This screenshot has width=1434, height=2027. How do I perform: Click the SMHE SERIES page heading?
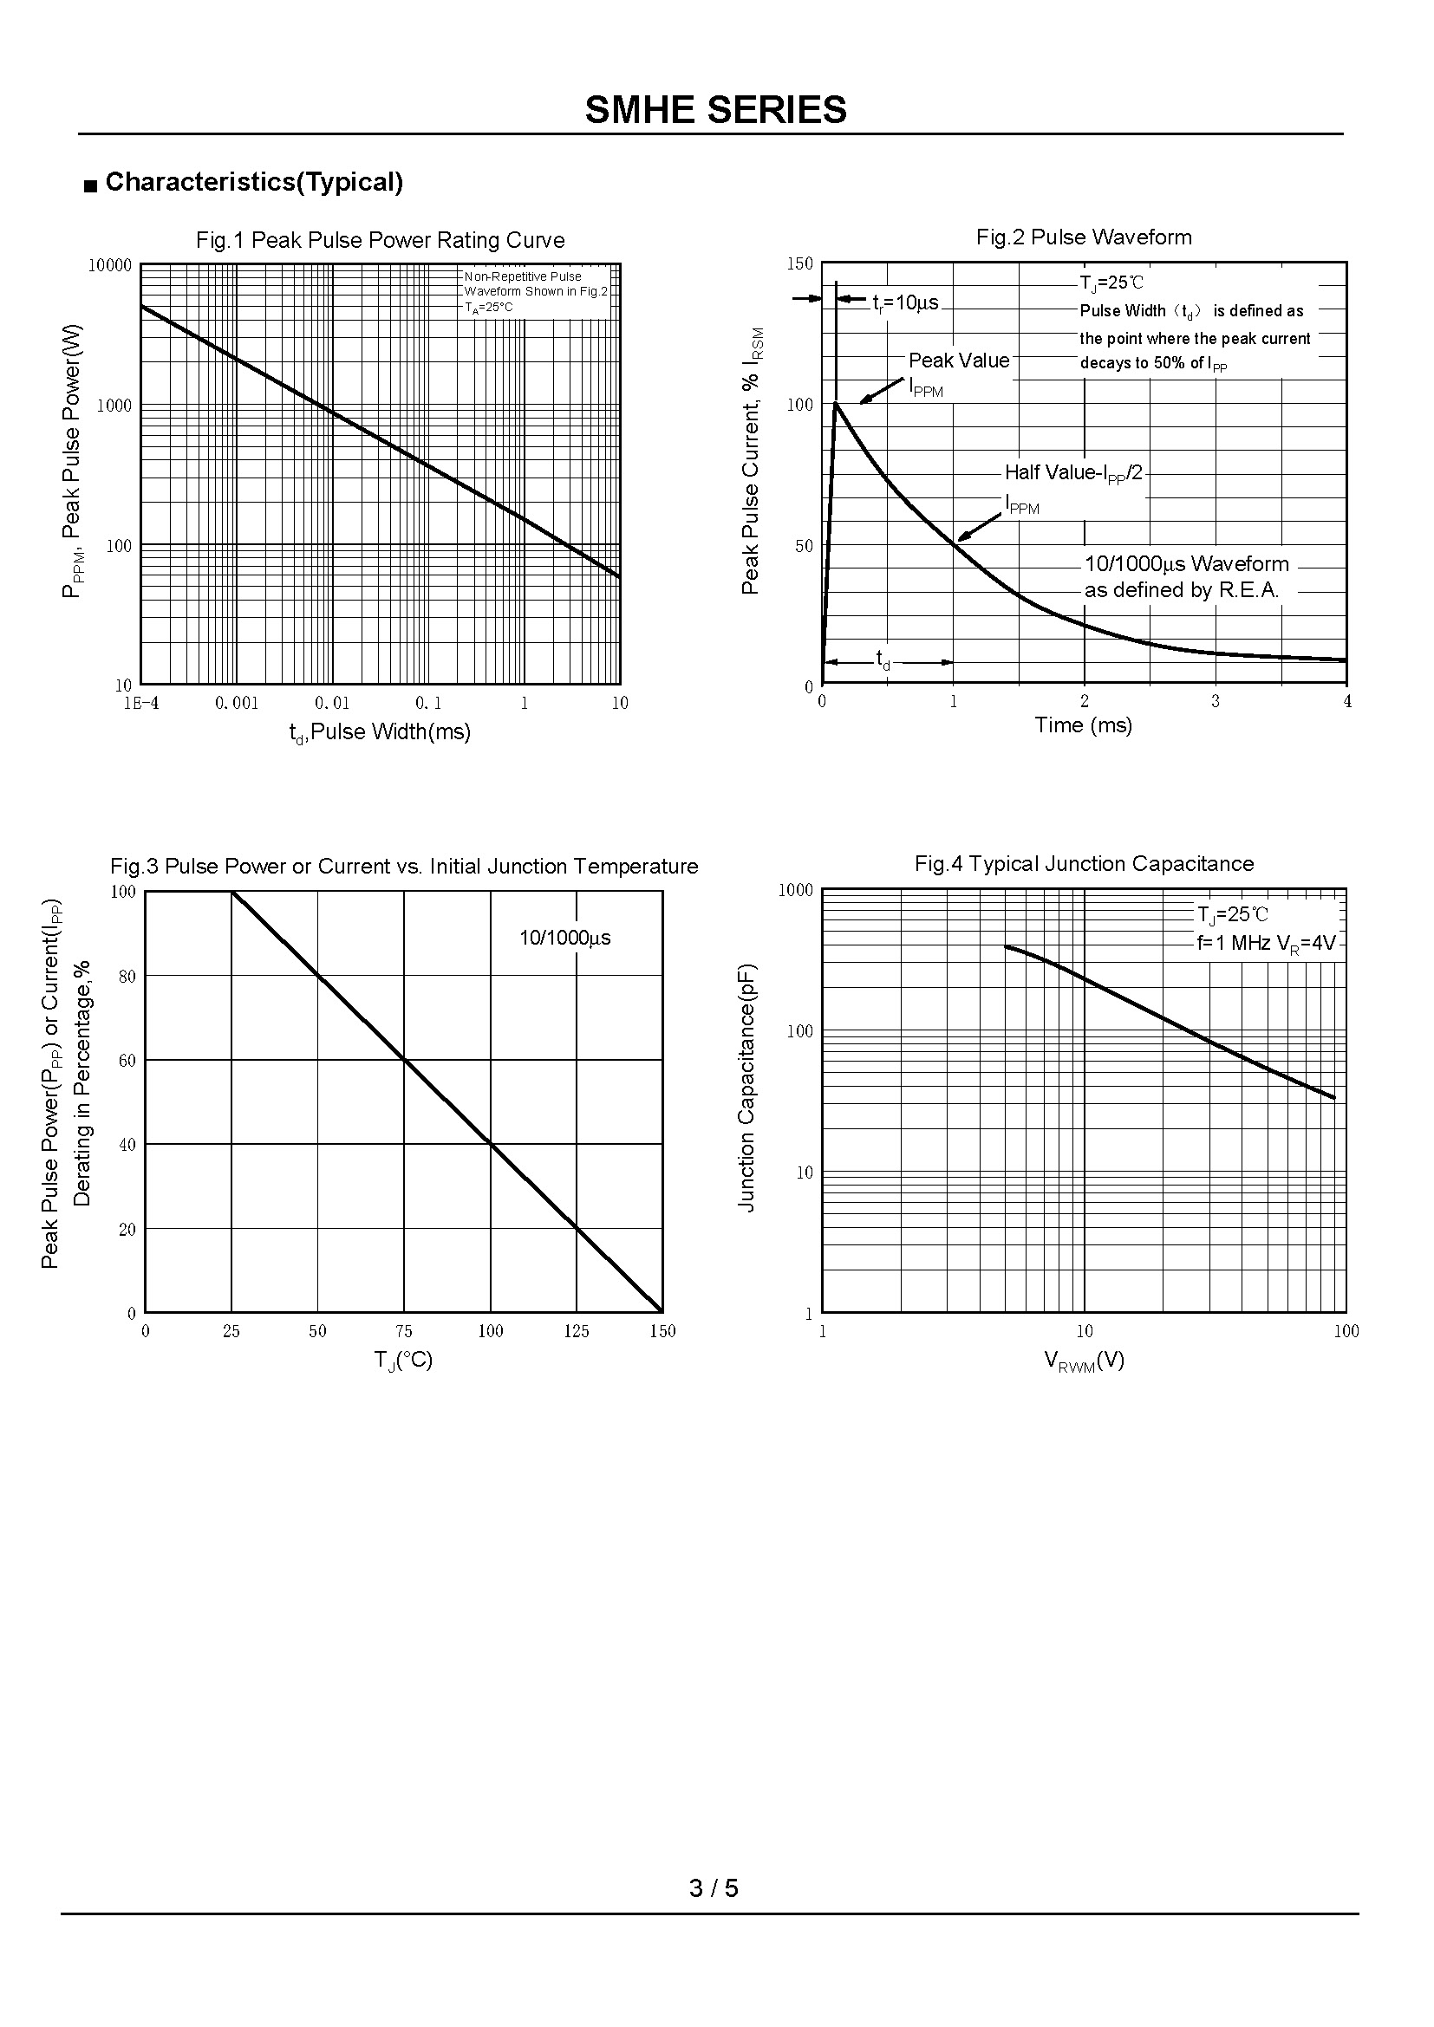tap(715, 110)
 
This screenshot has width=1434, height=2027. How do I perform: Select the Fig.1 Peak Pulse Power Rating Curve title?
tap(380, 240)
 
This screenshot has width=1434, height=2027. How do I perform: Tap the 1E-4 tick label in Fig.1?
tap(141, 703)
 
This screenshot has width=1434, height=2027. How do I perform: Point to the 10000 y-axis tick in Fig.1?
tap(109, 266)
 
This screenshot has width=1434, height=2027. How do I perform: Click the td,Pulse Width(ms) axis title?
tap(380, 732)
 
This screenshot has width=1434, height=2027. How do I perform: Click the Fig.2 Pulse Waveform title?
tap(1084, 237)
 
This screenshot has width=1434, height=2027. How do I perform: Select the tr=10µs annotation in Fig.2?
tap(905, 302)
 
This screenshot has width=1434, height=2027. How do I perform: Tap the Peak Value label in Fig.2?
tap(958, 361)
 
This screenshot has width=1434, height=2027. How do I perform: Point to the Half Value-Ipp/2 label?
tap(1072, 473)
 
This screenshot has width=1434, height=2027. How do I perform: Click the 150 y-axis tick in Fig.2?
tap(800, 263)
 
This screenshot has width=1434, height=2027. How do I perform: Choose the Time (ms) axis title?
tap(1083, 724)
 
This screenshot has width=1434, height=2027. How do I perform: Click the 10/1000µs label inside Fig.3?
tap(564, 938)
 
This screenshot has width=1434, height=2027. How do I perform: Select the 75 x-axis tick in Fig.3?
tap(403, 1331)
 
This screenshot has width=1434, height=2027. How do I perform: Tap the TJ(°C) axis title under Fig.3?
tap(402, 1361)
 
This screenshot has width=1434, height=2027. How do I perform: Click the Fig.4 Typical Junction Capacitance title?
tap(1084, 863)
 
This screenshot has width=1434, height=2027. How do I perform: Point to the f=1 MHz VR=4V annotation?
tap(1266, 943)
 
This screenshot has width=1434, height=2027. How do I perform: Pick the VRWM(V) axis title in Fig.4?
tap(1084, 1361)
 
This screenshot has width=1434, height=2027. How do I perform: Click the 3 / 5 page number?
tap(714, 1887)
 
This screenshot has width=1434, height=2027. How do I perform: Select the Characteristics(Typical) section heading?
tap(253, 182)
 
